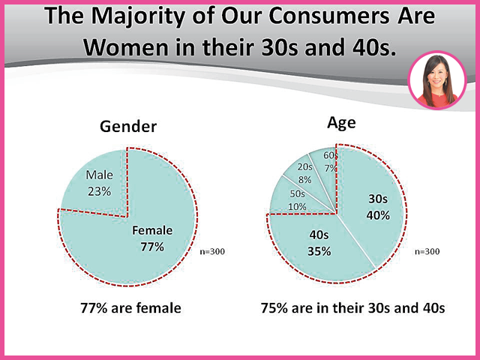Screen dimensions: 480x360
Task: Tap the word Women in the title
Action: [126, 47]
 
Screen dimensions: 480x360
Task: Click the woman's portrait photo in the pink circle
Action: [437, 80]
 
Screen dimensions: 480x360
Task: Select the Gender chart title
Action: [128, 127]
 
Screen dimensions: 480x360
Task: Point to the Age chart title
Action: [341, 123]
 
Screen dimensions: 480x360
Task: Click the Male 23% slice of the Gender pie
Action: [98, 184]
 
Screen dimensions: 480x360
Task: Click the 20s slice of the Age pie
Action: [306, 175]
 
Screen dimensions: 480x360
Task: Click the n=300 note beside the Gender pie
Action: [212, 252]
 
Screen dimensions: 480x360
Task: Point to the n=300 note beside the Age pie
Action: [427, 252]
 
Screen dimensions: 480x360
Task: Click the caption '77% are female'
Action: [130, 308]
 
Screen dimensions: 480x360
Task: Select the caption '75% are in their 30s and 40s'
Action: [352, 308]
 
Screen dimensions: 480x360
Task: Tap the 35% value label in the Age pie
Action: [319, 252]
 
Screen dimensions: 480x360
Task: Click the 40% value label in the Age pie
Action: [378, 215]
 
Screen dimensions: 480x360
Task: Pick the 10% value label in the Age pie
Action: [297, 207]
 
